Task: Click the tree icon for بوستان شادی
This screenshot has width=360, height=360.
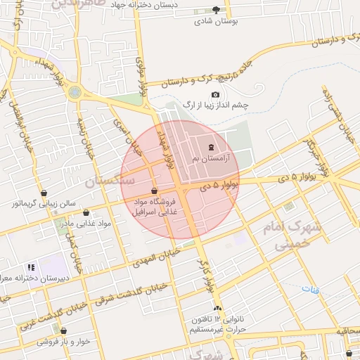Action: pos(216,10)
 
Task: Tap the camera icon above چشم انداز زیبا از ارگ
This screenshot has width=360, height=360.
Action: pos(215,95)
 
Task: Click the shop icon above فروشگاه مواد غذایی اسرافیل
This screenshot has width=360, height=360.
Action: pos(154,191)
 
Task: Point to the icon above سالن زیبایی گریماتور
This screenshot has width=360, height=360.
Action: pos(44,192)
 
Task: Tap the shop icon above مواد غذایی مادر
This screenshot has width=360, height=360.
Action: pos(86,212)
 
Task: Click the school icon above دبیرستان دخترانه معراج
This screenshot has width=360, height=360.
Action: pos(30,267)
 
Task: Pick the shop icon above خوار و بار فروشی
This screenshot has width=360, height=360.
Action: pos(63,330)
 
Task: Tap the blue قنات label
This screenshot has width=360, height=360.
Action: pos(310,289)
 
